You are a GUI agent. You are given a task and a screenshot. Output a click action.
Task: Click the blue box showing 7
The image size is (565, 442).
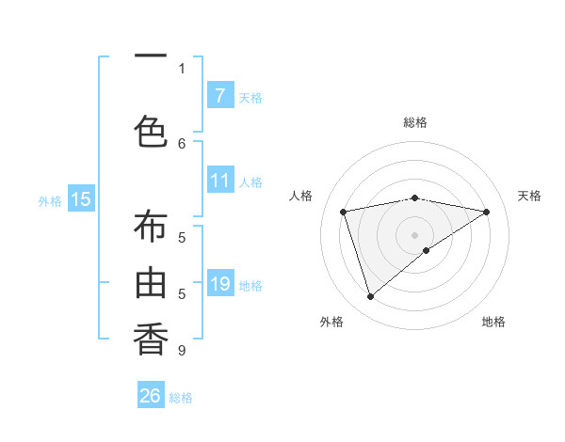pos(219,96)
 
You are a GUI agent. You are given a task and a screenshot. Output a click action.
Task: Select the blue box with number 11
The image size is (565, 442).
pos(219,181)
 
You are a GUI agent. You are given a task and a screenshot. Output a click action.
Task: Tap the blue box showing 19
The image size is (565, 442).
pos(219,284)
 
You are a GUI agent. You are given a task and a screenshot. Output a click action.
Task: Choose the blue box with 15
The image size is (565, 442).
pos(81,198)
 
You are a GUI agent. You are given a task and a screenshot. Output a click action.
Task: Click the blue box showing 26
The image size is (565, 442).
pos(151,396)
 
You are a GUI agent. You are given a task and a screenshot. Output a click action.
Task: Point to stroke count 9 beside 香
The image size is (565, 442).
pos(182,351)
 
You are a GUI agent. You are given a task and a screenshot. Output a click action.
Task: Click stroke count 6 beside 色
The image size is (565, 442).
pos(182,143)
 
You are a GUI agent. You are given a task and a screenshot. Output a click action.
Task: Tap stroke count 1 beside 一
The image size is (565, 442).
pos(182,68)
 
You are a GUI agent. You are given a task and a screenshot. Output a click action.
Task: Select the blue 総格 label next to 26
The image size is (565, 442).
pos(181,398)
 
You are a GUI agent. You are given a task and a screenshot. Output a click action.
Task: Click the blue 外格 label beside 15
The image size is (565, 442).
pos(50,200)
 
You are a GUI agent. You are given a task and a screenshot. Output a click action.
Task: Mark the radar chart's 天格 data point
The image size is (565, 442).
pos(486,212)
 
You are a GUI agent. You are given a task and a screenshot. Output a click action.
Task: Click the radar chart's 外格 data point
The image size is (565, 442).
pos(370,297)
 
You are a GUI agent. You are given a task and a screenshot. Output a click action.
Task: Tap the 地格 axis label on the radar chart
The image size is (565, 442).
pos(493,322)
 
